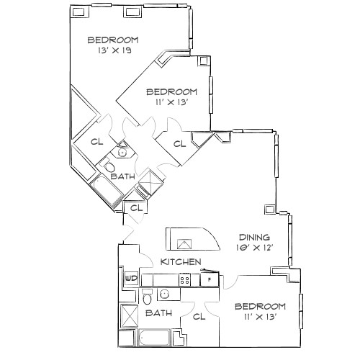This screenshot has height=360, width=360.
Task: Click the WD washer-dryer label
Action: [x=132, y=279]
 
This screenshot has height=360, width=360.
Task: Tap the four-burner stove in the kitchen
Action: [x=184, y=280]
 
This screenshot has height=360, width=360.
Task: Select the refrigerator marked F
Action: [x=210, y=279]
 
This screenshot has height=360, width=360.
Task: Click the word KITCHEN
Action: [x=181, y=261]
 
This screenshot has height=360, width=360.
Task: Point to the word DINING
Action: [x=254, y=238]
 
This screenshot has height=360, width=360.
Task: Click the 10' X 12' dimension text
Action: [x=255, y=248]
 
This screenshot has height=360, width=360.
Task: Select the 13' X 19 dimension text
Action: [x=114, y=50]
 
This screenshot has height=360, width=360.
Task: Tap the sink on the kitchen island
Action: [x=184, y=244]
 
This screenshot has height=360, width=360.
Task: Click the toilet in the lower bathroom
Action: [x=147, y=297]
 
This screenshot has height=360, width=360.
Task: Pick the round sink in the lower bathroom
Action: [x=165, y=294]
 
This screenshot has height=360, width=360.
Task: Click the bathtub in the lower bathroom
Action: [x=154, y=338]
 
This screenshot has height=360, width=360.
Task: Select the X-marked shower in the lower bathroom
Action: [x=129, y=316]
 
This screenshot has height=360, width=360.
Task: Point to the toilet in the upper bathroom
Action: [x=109, y=166]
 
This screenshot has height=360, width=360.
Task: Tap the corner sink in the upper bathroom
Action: [x=122, y=150]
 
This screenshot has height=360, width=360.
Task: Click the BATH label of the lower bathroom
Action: [x=158, y=313]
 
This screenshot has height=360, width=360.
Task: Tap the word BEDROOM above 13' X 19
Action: [x=113, y=40]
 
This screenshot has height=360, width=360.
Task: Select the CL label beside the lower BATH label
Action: [x=199, y=317]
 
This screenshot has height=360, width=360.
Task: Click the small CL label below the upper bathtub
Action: [x=136, y=208]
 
